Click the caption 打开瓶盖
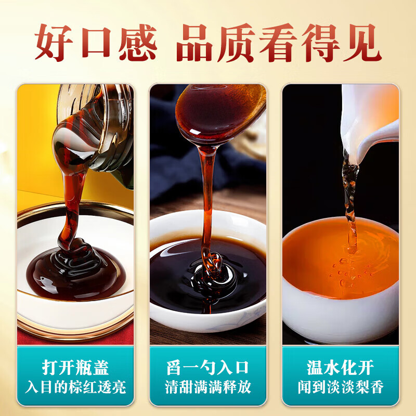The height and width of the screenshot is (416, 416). click(x=76, y=367)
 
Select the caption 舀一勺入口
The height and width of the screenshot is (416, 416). click(x=208, y=367)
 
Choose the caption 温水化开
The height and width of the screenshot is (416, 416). click(x=341, y=367)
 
